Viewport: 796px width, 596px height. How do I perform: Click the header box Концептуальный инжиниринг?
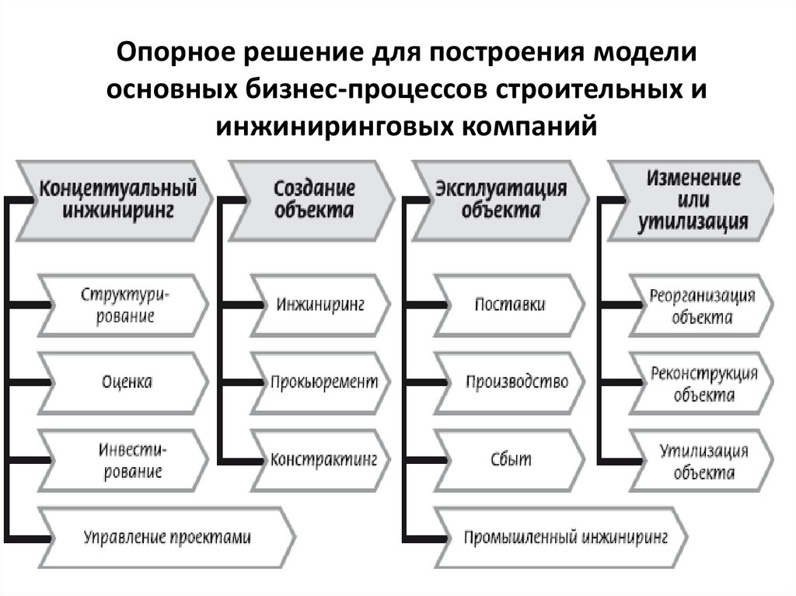[x=117, y=200]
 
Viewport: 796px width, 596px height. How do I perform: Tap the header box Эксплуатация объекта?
[x=499, y=200]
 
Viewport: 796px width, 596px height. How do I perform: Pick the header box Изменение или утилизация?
[x=693, y=200]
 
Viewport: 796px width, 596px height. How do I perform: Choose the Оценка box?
[x=125, y=382]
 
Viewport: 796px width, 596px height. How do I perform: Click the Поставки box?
[x=509, y=304]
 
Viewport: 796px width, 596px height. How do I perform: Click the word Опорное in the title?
[x=176, y=57]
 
